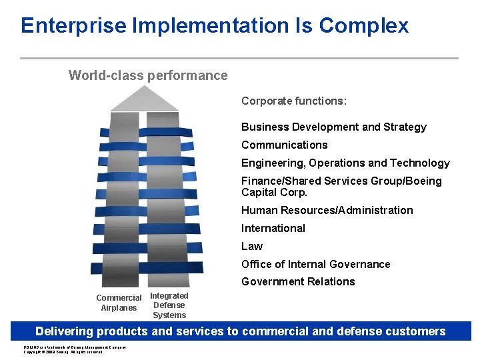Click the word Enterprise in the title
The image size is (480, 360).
[73, 25]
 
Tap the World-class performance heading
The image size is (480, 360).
[148, 75]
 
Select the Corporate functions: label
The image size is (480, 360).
[294, 101]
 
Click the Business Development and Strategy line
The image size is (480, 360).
[333, 127]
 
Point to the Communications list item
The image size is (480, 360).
[284, 145]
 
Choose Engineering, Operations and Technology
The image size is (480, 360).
[345, 163]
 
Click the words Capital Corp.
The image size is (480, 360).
[274, 192]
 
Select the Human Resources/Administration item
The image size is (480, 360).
[327, 210]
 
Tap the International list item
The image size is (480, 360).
[273, 228]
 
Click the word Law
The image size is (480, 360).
[252, 246]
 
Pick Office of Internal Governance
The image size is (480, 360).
[315, 264]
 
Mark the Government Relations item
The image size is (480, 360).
[298, 281]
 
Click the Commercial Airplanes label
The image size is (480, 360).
[119, 303]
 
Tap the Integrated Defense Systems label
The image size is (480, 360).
[169, 305]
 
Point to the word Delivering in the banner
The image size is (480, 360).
[64, 331]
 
